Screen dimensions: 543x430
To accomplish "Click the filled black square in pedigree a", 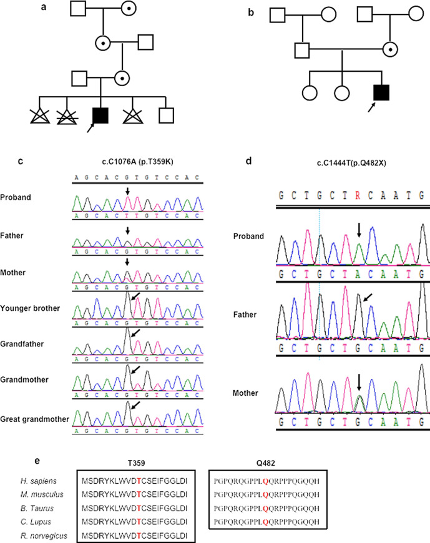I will tap(100, 115).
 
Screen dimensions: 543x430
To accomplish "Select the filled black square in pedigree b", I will tap(381, 94).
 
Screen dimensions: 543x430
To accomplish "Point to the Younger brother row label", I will tap(31, 308).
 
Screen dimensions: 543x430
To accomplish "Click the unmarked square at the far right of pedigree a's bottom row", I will tap(165, 115).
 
